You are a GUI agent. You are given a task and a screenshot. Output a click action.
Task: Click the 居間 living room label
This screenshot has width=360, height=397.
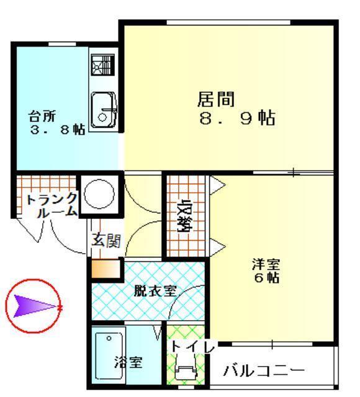[216, 99]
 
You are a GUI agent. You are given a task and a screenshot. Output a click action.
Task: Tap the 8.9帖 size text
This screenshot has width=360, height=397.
[237, 118]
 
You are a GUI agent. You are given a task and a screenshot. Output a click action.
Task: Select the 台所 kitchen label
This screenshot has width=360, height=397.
[42, 116]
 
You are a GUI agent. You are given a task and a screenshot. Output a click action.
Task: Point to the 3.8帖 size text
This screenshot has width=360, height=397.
[58, 130]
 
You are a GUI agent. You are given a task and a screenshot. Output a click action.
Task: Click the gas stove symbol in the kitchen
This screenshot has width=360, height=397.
[102, 65]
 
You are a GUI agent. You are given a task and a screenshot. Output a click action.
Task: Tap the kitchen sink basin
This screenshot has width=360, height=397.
[104, 110]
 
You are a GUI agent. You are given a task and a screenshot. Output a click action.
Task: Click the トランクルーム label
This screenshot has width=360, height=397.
[52, 205]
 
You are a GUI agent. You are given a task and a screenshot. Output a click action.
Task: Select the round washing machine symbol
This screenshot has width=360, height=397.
[99, 194]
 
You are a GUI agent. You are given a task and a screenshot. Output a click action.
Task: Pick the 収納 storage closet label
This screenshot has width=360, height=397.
[186, 216]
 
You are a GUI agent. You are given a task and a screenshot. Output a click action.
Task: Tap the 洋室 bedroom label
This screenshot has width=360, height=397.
[266, 264]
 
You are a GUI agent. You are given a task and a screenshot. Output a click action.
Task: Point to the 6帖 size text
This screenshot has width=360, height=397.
[266, 278]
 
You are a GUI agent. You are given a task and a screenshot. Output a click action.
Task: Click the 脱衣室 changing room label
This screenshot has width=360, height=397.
[155, 291]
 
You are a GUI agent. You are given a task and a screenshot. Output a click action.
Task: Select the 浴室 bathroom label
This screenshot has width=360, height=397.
[128, 362]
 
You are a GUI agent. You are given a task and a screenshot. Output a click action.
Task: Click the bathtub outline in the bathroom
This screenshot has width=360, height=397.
[109, 356]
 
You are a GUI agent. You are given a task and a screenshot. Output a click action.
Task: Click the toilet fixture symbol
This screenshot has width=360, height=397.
[186, 367]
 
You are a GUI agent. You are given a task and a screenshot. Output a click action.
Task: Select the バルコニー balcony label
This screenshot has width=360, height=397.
[264, 371]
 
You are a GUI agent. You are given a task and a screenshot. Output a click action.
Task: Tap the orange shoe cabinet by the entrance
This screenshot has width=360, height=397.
[106, 269]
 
